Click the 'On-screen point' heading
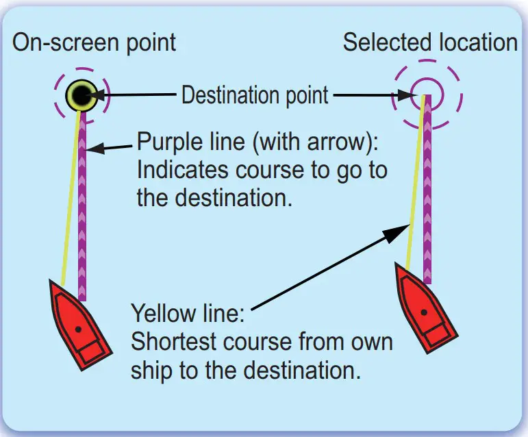pos(94,42)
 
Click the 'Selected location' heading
pos(430,42)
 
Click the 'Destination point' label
pos(255,95)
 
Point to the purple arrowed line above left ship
pos(82,205)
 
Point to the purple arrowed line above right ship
pos(426,192)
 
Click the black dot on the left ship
pos(79,329)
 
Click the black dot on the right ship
pos(425,312)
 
